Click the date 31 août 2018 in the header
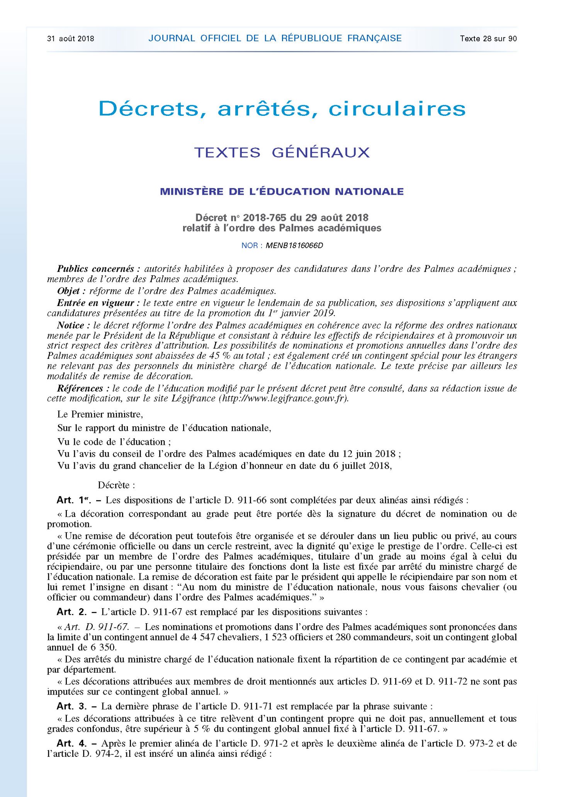click(x=70, y=39)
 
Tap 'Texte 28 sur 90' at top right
click(x=488, y=39)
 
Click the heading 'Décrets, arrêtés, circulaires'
click(x=282, y=109)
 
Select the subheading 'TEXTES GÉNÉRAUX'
click(x=282, y=153)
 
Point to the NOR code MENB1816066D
click(x=294, y=246)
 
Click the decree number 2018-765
click(x=265, y=218)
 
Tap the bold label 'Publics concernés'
click(x=95, y=269)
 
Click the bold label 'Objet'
click(x=68, y=291)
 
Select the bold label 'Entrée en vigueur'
click(x=95, y=303)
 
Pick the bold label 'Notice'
click(x=71, y=326)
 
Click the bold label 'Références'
click(x=80, y=388)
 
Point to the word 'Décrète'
click(x=116, y=485)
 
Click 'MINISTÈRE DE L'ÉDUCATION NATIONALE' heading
click(x=282, y=192)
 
